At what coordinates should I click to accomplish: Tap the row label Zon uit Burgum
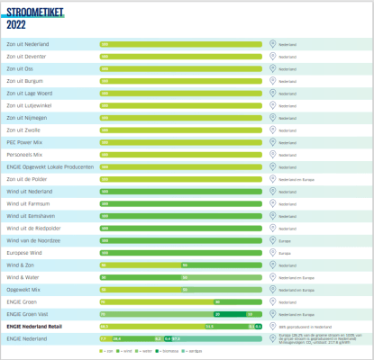24,80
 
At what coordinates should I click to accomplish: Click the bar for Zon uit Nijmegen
180,117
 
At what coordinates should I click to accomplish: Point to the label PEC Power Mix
23,141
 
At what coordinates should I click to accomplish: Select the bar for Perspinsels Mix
180,154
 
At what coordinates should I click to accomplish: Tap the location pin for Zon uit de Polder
272,179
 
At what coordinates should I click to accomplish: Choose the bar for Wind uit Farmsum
180,203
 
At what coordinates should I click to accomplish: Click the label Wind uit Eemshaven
30,216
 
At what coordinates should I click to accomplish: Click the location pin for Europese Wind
272,253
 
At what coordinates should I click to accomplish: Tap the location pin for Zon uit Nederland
272,43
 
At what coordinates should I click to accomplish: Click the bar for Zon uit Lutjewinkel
180,104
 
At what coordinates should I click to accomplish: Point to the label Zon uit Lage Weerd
29,93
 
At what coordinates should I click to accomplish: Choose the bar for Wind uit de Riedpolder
180,228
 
